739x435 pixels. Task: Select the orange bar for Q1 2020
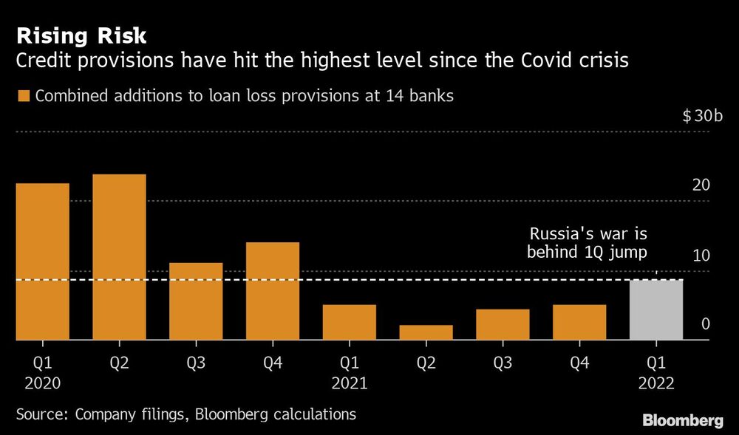pos(42,261)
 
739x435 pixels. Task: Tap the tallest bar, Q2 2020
pos(119,257)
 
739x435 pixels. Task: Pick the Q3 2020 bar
pos(196,301)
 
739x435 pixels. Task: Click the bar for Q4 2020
pos(273,291)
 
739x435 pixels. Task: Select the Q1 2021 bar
pos(350,322)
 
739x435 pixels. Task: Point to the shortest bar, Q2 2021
pos(426,332)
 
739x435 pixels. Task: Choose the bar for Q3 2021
pos(503,324)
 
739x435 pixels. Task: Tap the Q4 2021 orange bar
pos(579,322)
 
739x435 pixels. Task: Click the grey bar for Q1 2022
pos(656,309)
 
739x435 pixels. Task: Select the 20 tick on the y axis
pos(701,185)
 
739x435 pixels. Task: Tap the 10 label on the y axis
pos(701,256)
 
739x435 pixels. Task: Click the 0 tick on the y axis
pos(705,324)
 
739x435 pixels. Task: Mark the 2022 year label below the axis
pos(656,383)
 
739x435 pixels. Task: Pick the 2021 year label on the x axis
pos(350,383)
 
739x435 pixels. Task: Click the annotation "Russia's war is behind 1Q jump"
pos(588,243)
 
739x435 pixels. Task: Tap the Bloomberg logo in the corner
pos(683,420)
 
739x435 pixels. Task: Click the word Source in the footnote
pos(38,414)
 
